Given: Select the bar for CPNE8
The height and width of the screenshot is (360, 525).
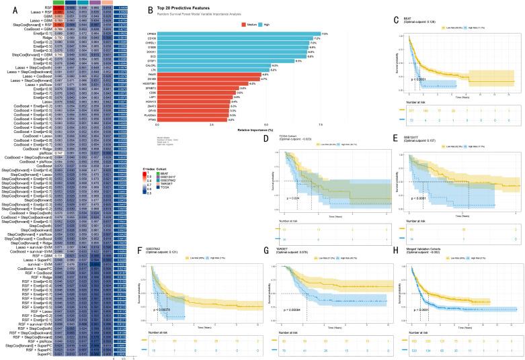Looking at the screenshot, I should coord(235,33).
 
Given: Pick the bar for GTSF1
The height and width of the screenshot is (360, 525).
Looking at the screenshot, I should coord(225,60).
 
